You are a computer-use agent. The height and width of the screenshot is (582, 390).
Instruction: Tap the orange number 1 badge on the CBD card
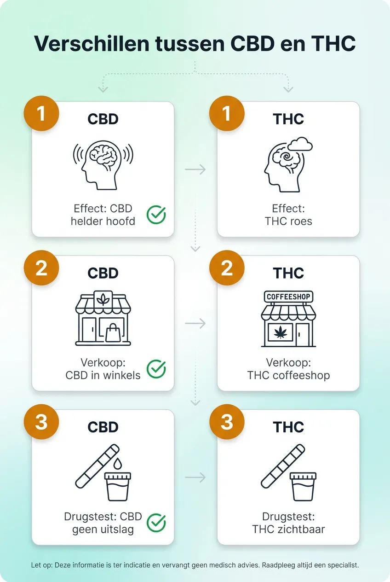(41, 113)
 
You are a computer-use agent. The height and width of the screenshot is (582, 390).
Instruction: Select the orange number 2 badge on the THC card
(227, 268)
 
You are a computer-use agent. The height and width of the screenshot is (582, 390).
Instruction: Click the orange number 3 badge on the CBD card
(41, 422)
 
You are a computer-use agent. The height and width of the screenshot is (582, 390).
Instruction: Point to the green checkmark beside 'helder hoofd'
(156, 215)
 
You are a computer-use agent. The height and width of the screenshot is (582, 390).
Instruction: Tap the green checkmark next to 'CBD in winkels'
(156, 369)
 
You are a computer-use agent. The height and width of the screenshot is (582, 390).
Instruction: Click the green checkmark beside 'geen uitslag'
(156, 523)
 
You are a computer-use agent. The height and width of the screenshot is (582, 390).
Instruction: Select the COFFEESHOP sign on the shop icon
(288, 297)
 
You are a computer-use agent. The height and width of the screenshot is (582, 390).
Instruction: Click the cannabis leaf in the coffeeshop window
(280, 332)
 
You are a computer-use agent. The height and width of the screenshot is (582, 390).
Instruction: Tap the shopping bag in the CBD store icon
(112, 332)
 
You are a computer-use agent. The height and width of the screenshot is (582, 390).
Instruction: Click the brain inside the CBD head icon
(103, 157)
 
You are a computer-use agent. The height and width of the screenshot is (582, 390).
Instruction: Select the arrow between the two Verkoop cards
(195, 324)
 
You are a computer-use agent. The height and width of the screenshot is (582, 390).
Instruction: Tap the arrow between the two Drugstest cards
(195, 477)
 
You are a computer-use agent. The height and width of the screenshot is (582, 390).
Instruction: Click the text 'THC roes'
(288, 221)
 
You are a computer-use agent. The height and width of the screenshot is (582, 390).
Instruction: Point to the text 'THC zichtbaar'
(288, 529)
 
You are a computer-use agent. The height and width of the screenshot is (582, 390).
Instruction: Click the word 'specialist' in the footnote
(341, 565)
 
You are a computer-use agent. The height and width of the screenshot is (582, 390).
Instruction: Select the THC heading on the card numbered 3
(288, 427)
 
